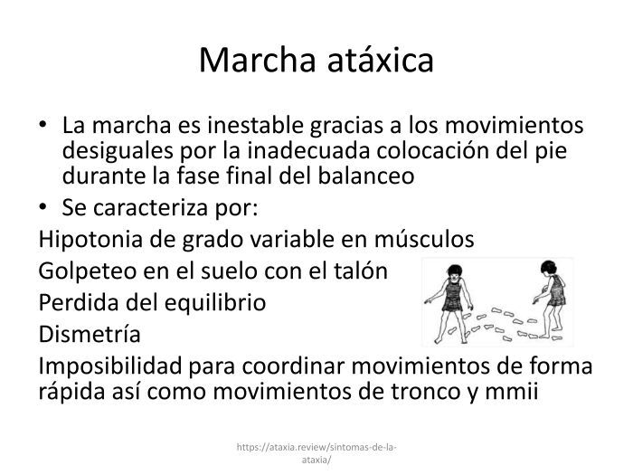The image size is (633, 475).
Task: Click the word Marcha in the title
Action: pos(257,61)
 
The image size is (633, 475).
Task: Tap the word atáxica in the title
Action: pos(381,61)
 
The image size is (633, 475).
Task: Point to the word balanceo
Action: pos(366,176)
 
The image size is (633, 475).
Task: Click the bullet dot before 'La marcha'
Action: pos(43,124)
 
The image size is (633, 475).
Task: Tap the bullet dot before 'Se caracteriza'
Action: pos(43,206)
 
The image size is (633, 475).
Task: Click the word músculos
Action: pos(424,239)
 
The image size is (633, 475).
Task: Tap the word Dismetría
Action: pos(90,334)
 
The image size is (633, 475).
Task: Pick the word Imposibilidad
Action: pos(110,366)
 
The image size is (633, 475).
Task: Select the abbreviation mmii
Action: pos(512,391)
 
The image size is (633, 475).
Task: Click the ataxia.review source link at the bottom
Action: pos(316,453)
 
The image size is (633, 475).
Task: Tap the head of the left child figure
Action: pos(455,271)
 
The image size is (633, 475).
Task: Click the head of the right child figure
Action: pos(549,268)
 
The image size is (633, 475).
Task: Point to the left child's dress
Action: pos(453,296)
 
